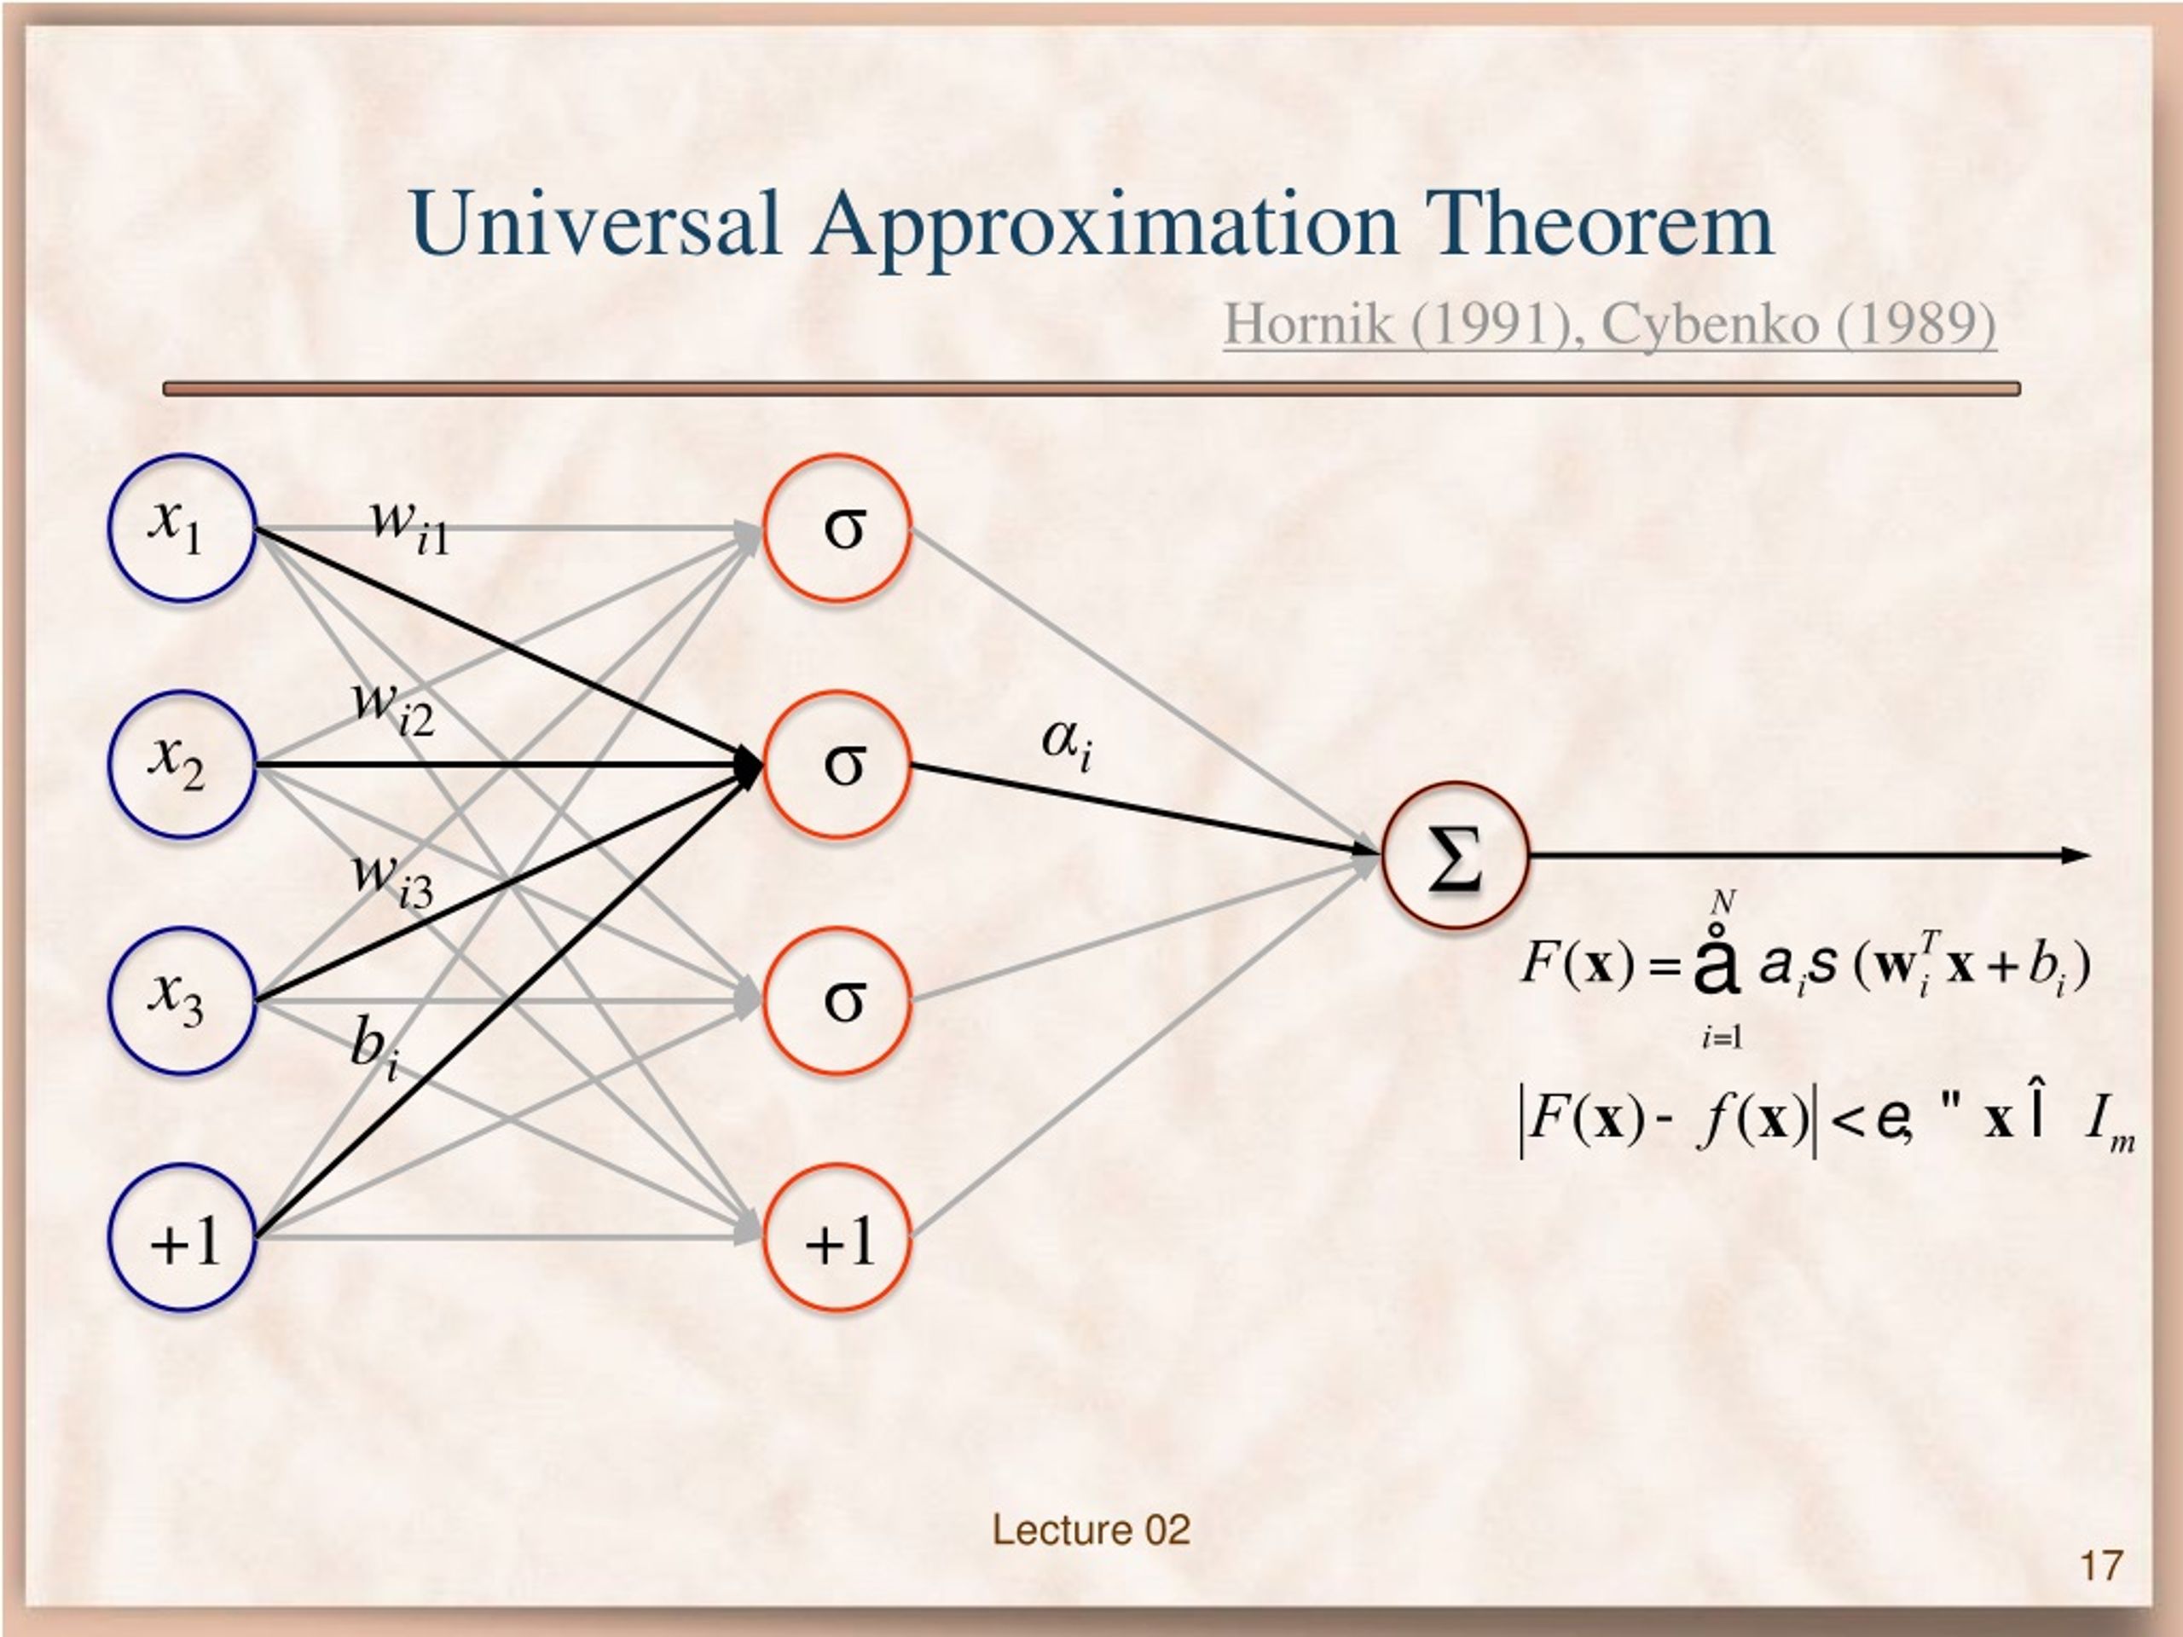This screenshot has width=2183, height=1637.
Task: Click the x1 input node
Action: pyautogui.click(x=182, y=528)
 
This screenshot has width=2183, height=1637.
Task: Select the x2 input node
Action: pyautogui.click(x=182, y=765)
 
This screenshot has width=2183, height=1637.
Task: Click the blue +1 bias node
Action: pyautogui.click(x=182, y=1238)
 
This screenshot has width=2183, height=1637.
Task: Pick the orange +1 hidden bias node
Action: pyautogui.click(x=837, y=1238)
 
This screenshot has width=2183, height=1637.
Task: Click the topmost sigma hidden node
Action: pyautogui.click(x=837, y=528)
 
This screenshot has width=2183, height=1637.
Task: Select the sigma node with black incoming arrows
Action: pyautogui.click(x=837, y=765)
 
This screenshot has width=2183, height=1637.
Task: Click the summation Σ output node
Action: pyautogui.click(x=1455, y=855)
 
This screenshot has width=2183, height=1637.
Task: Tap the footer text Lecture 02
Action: pyautogui.click(x=1091, y=1530)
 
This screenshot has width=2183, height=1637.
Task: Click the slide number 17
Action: pyautogui.click(x=2101, y=1566)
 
